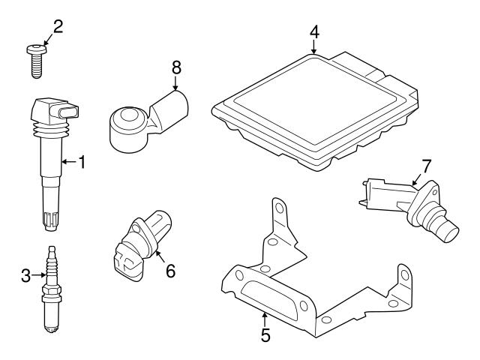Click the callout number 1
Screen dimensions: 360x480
click(82, 161)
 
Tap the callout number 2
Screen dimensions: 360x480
click(58, 28)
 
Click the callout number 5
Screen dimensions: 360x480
click(265, 334)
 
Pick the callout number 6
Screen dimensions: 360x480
click(170, 271)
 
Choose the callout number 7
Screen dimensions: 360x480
click(426, 164)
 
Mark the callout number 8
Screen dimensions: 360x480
click(176, 68)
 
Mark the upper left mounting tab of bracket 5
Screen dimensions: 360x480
click(279, 212)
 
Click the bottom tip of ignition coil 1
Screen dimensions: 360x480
click(49, 223)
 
